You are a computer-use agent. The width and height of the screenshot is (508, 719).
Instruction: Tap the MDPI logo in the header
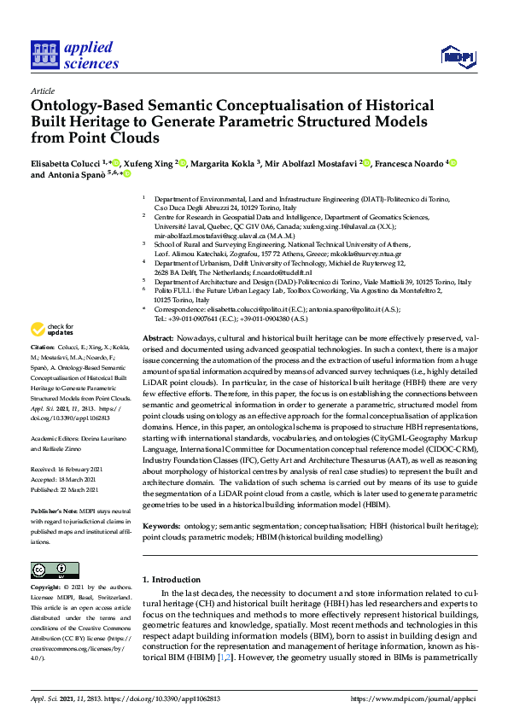[457, 57]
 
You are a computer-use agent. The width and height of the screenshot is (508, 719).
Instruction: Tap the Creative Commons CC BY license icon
[50, 570]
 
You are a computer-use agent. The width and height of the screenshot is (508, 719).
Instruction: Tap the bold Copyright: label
[46, 587]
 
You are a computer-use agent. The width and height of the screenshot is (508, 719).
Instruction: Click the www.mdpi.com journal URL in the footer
[413, 699]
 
